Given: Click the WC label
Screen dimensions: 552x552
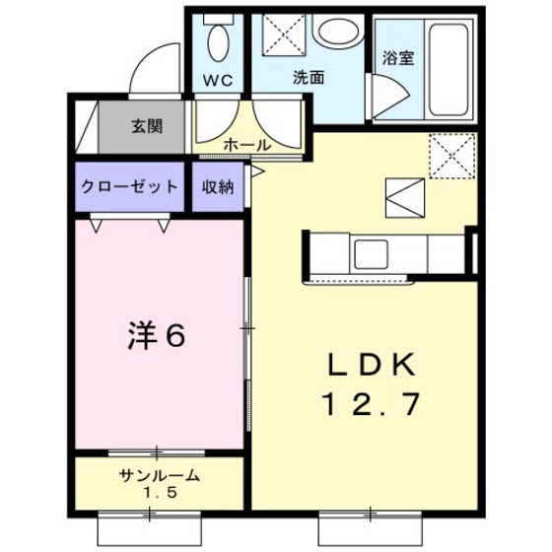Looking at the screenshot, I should coord(218,81).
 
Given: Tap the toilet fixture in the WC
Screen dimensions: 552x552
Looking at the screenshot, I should coord(219,42).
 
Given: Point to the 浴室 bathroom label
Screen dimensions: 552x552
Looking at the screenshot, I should coord(397,56).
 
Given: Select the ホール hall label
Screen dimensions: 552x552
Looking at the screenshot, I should coord(247,144).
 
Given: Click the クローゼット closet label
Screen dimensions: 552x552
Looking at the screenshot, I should coord(129,187).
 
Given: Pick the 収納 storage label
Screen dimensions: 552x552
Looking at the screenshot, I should coord(218,187).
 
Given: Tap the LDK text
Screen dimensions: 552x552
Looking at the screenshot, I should coord(372,366).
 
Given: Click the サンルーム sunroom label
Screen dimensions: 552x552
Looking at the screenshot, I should coord(160,475).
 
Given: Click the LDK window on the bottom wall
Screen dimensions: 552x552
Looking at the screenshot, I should coord(372,513).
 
